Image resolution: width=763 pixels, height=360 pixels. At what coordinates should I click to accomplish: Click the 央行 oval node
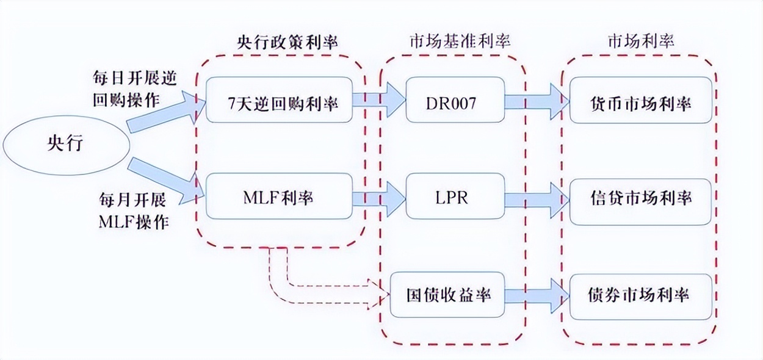67,143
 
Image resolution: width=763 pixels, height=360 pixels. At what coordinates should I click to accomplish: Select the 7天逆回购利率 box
280,102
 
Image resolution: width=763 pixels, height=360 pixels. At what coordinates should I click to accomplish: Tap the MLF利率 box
280,197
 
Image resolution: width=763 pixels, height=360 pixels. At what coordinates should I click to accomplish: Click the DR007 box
455,102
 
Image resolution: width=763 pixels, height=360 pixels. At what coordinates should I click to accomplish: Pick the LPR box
455,197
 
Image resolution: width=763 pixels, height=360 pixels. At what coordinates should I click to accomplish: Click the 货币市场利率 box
640,102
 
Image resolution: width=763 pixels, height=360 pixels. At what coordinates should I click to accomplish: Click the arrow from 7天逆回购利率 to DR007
380,101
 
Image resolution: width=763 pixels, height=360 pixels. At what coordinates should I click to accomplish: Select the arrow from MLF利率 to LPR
380,197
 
